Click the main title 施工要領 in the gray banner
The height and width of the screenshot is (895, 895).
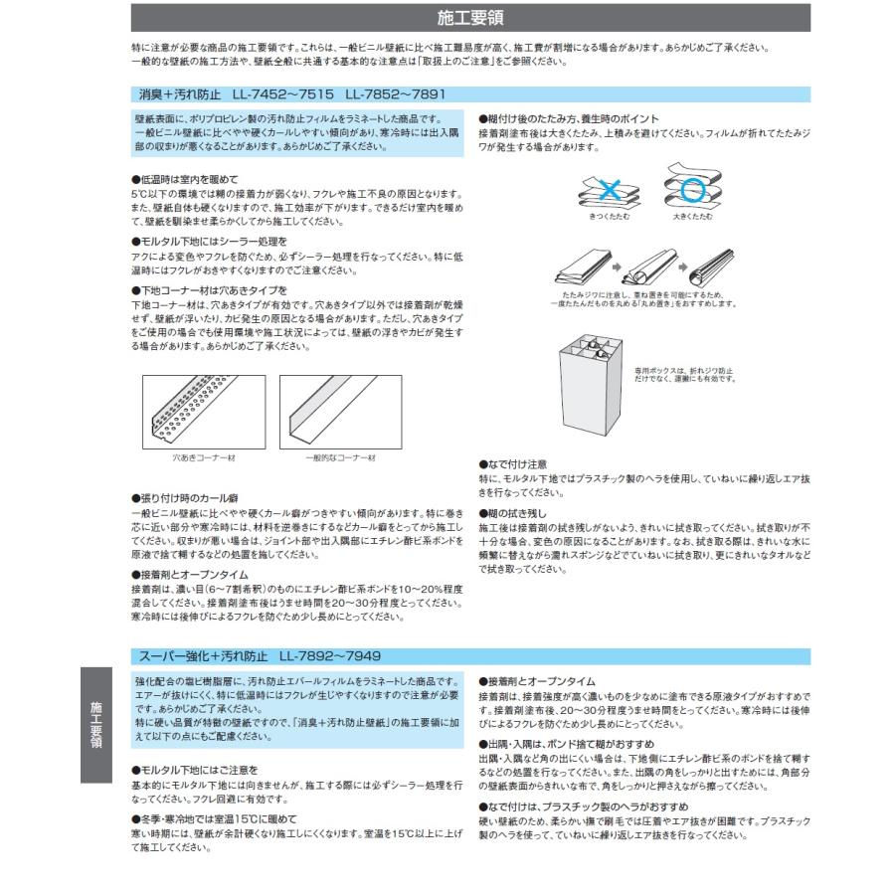click(x=470, y=18)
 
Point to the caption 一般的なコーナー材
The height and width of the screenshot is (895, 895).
click(x=340, y=457)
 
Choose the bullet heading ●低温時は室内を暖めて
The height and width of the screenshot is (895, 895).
click(x=185, y=180)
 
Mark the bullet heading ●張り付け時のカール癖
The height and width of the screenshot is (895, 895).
click(x=185, y=497)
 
